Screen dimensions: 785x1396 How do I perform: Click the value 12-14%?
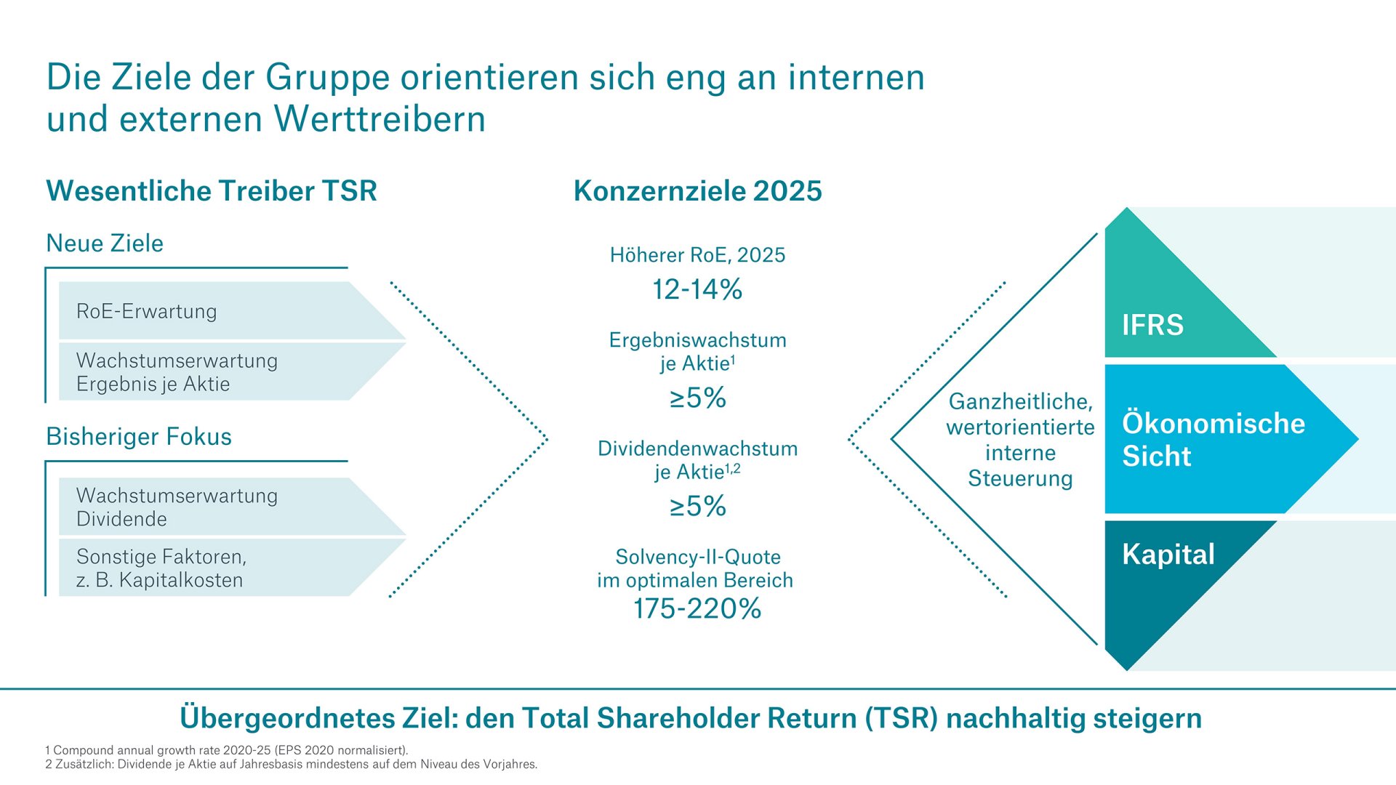pos(697,290)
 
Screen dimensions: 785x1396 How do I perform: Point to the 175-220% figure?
pos(697,609)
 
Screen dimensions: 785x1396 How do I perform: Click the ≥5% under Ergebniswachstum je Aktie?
pos(697,398)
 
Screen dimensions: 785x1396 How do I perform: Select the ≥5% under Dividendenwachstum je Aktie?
pos(697,507)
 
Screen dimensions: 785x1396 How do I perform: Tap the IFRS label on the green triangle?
pos(1152,325)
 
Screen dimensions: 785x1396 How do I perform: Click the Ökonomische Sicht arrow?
pos(1213,440)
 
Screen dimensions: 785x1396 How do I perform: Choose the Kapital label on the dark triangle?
pos(1168,555)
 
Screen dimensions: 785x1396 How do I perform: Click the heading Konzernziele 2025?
pos(697,191)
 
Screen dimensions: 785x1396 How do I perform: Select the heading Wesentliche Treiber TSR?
pos(212,191)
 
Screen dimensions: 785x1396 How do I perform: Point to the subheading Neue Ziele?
pos(105,243)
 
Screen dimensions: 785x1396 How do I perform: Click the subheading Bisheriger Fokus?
pos(139,437)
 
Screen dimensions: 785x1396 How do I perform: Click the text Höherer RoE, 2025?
pos(697,255)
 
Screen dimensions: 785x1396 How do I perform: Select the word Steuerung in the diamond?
pos(1020,479)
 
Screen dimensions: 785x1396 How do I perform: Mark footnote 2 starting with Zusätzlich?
pos(291,765)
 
